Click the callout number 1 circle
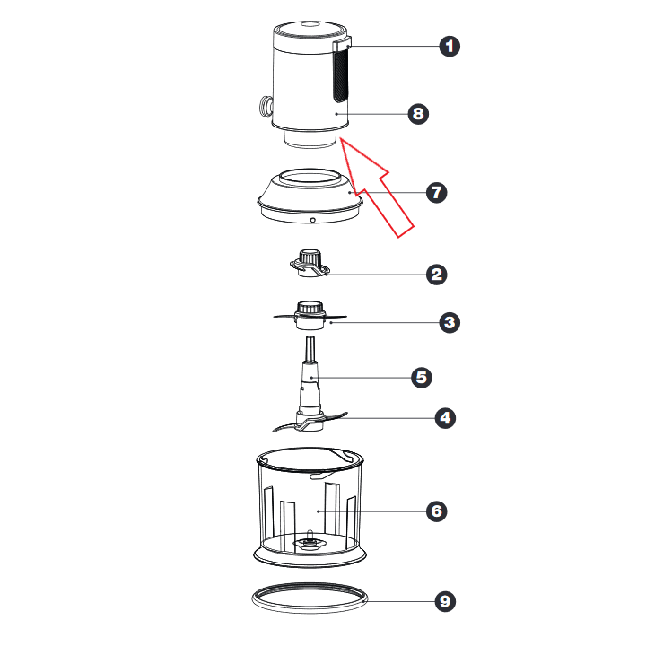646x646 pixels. [450, 46]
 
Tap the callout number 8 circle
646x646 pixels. [418, 114]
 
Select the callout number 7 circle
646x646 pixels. [437, 192]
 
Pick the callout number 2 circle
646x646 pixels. [437, 275]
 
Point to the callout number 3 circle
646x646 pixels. [450, 322]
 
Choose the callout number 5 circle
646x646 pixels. [422, 378]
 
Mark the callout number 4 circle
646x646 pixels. [445, 418]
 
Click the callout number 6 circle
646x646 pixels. [437, 511]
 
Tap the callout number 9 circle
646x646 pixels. [445, 601]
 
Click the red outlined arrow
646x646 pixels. [376, 188]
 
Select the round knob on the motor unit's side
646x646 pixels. [266, 106]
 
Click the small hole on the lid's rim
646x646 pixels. [313, 220]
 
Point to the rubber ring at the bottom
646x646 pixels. [310, 611]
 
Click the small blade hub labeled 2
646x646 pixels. [310, 263]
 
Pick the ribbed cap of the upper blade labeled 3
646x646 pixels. [310, 308]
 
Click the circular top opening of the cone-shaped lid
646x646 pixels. [310, 178]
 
